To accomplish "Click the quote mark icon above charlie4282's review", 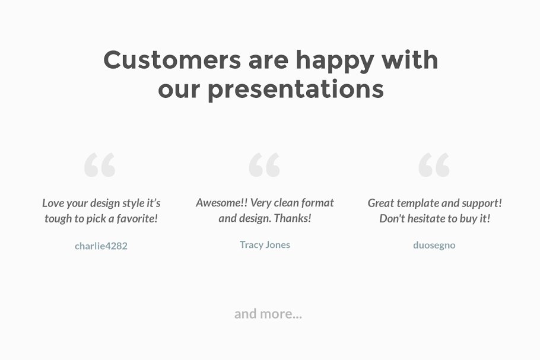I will pos(100,165).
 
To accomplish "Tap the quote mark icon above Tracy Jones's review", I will pos(265,165).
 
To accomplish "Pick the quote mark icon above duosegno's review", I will pos(434,165).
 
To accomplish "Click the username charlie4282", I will pos(101,246).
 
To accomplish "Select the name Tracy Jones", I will pos(265,244).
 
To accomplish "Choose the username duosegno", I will pos(434,245).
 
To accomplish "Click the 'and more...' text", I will pos(268,314).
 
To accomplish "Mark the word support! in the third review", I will pos(482,203).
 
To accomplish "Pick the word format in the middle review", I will pos(317,203).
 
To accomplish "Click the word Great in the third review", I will pos(381,203).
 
